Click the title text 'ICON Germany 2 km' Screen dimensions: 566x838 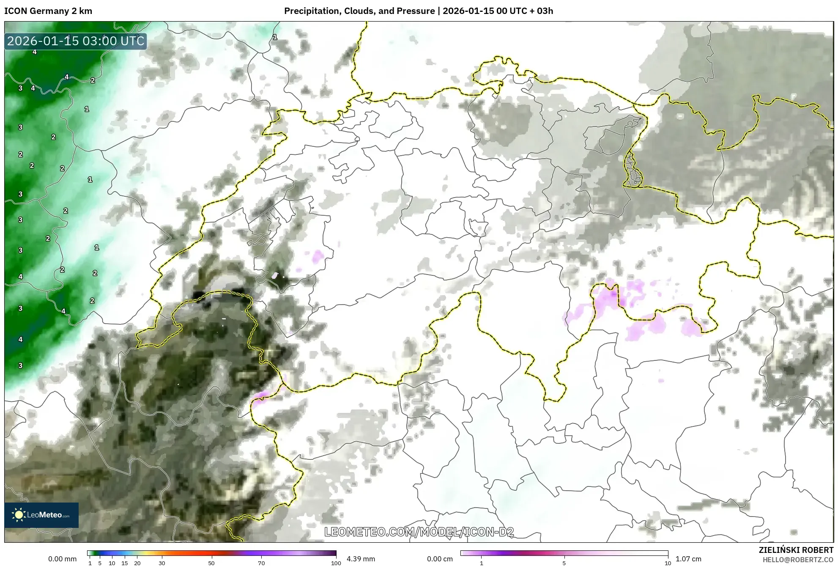coord(48,11)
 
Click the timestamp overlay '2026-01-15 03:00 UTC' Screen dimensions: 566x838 coord(76,41)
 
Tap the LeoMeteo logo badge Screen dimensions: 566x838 coord(41,515)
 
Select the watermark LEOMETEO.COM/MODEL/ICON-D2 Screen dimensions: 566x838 coord(419,532)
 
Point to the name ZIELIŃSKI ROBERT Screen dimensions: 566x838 coord(796,550)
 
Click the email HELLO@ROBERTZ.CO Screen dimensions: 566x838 coord(798,560)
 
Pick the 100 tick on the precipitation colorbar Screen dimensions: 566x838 coord(336,563)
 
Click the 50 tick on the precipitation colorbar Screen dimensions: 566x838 coord(211,563)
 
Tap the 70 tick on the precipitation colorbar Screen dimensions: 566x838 coord(261,563)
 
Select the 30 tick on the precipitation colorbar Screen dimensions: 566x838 coord(162,563)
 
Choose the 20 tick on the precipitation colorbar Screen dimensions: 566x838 coord(137,563)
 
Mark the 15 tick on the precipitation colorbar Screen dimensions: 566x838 coord(125,563)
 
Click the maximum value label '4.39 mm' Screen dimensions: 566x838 coord(361,559)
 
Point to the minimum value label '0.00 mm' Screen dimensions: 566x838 coord(63,559)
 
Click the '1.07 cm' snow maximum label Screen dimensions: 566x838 coord(688,559)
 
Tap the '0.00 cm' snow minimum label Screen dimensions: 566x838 coord(440,559)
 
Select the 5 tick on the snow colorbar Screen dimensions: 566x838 coord(564,563)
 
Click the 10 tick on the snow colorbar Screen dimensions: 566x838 coord(668,563)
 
